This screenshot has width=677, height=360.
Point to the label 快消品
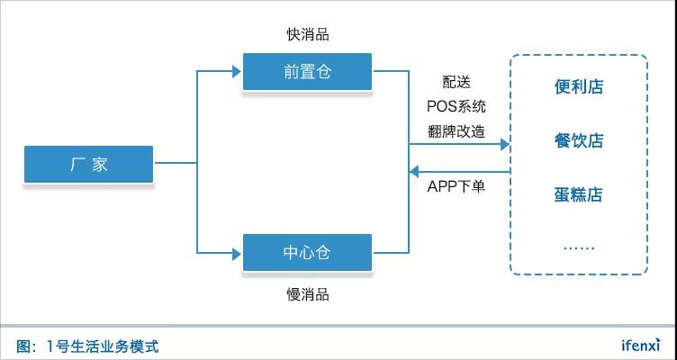(x=308, y=34)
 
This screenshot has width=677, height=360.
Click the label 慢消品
(x=307, y=294)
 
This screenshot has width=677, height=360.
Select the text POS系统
(x=457, y=106)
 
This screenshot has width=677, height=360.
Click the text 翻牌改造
(x=457, y=130)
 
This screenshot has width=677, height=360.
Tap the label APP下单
(x=456, y=187)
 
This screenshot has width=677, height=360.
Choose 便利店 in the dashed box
(x=578, y=86)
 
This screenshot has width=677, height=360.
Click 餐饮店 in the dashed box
(x=578, y=140)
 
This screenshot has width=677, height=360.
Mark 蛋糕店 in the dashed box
(x=578, y=194)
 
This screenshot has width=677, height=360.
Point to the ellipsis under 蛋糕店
(x=578, y=247)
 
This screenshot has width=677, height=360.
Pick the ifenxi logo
(x=640, y=346)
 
